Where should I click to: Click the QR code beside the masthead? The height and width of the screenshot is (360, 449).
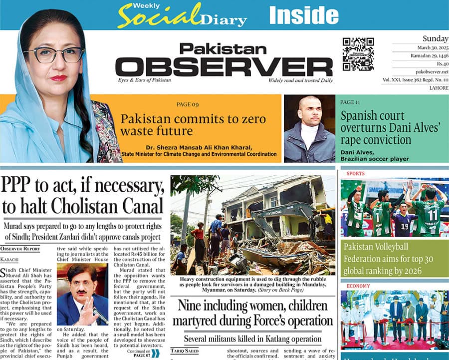click(358, 54)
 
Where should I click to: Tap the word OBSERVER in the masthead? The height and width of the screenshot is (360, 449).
click(224, 67)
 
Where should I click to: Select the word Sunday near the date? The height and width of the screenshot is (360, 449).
click(435, 38)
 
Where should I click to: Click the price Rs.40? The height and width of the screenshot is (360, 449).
click(441, 63)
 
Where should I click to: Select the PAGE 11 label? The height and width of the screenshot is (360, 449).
click(350, 102)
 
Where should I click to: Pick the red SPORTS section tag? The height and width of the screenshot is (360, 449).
click(355, 173)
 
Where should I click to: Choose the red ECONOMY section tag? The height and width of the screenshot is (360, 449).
click(358, 286)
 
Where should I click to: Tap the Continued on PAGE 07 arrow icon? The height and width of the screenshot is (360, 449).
click(156, 354)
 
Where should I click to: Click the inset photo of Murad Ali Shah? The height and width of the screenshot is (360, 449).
click(82, 295)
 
